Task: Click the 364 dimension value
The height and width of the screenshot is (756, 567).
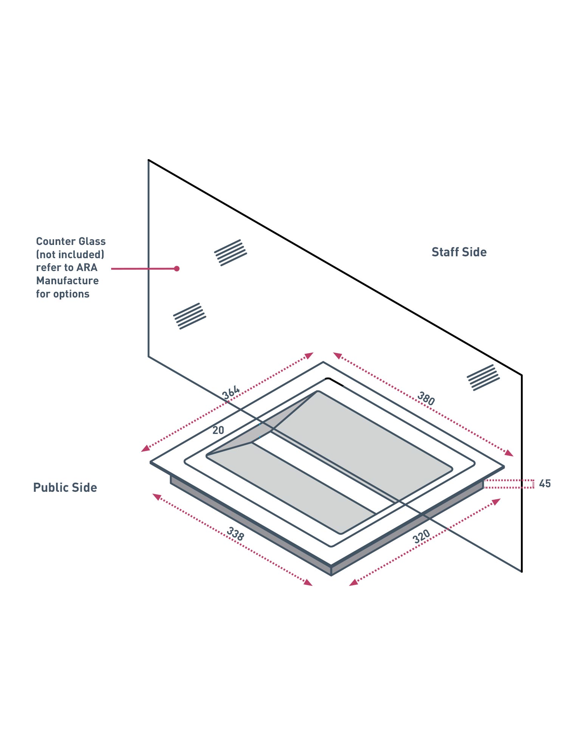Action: (231, 392)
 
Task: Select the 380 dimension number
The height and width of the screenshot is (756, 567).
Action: (426, 398)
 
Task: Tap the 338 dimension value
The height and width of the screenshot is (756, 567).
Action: (235, 534)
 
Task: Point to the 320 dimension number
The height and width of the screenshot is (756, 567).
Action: (421, 536)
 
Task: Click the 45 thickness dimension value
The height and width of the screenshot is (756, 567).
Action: (545, 483)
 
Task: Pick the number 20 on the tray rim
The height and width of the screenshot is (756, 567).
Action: (218, 430)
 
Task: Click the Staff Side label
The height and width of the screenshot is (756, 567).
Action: (459, 252)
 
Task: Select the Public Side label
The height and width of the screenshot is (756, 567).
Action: (65, 488)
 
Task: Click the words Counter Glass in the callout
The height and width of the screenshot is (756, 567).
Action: (71, 242)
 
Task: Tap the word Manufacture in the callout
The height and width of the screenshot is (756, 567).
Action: (67, 281)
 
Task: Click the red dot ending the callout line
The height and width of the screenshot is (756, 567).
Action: (177, 268)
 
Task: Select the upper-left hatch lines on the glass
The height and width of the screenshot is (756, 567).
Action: (231, 253)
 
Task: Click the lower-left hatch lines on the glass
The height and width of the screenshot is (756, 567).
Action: (189, 316)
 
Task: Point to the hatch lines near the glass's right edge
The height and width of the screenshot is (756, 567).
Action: (483, 377)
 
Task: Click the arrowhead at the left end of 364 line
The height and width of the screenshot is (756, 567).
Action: (145, 449)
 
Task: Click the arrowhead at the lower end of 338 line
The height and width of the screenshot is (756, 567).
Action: (308, 582)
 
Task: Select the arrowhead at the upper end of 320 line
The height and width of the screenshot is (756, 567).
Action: (496, 501)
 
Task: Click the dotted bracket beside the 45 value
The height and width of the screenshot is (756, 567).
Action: (509, 484)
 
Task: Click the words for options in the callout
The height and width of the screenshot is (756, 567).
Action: (63, 294)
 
